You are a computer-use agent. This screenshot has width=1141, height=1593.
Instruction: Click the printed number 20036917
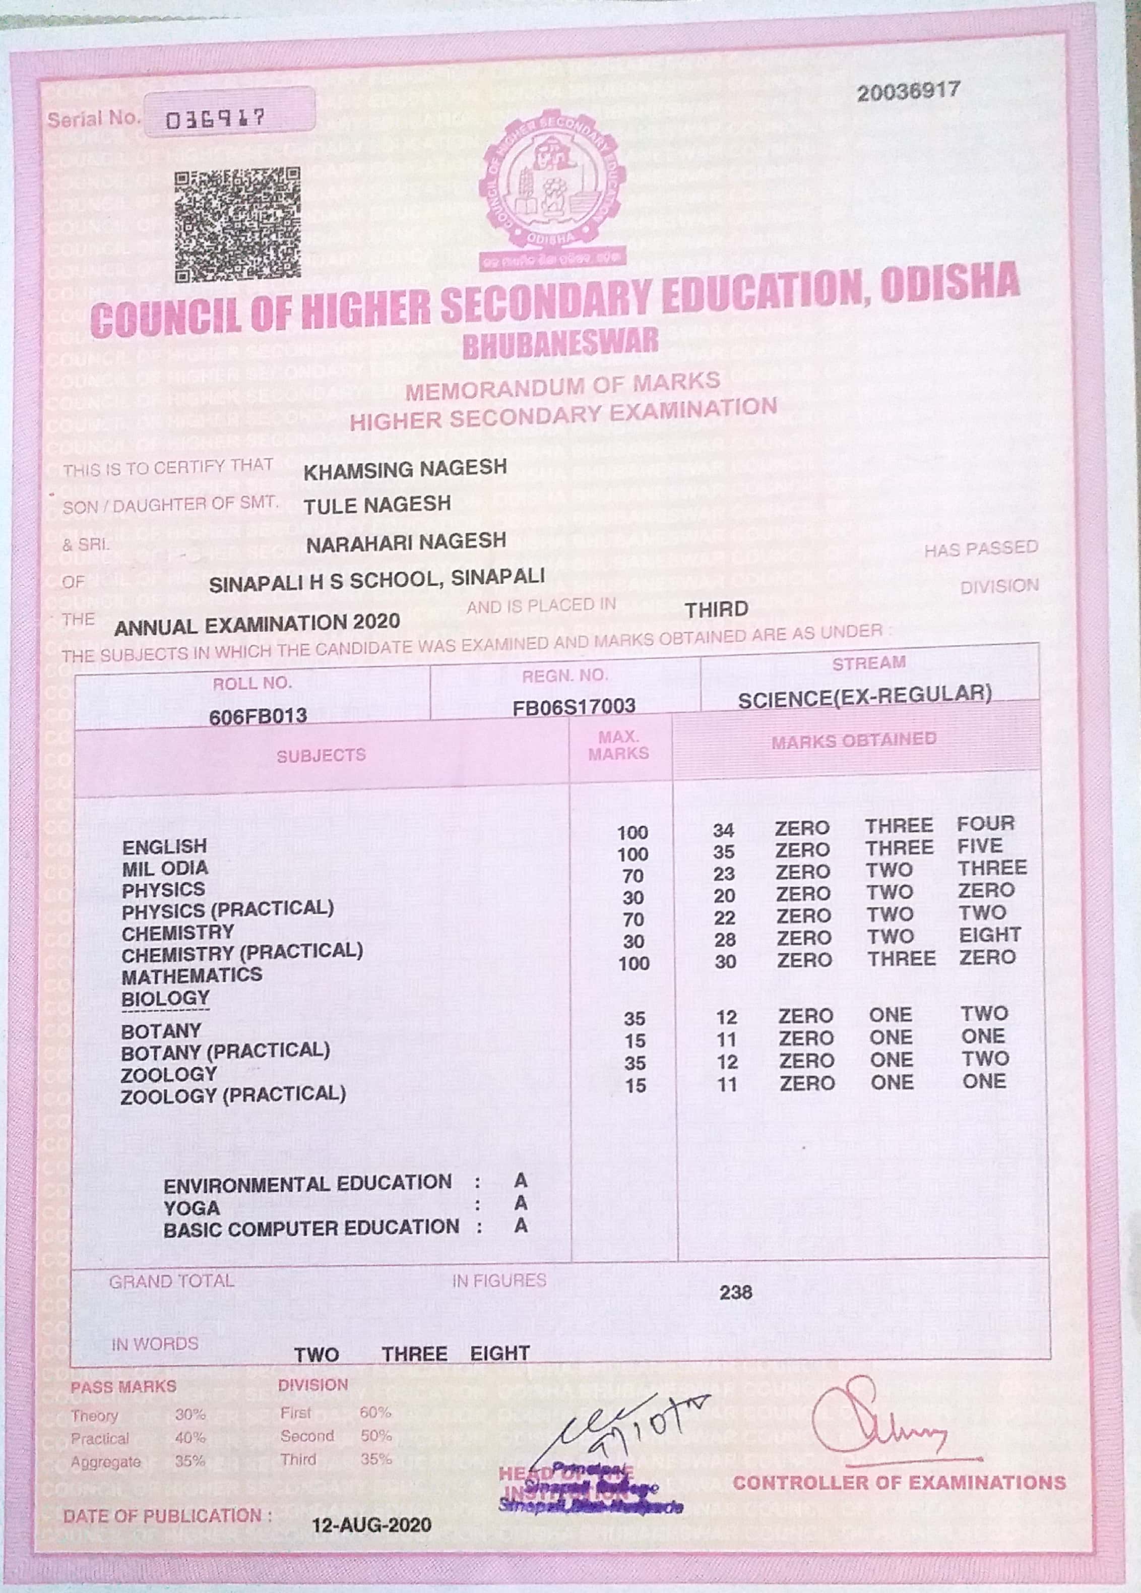(x=907, y=91)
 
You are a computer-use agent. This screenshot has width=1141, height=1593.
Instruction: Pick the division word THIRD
(x=716, y=609)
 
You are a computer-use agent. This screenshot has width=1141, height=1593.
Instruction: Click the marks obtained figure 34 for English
(x=723, y=830)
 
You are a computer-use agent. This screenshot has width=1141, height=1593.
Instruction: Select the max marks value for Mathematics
(x=633, y=963)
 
